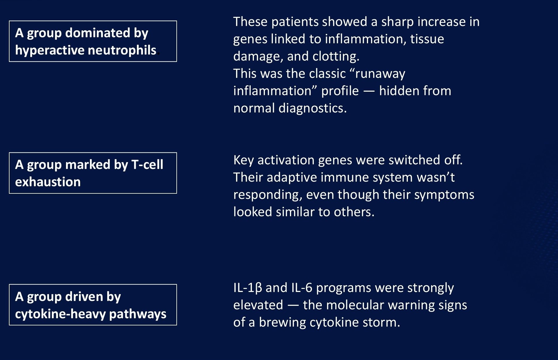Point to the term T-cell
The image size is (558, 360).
click(x=147, y=165)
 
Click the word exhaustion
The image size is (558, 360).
click(x=48, y=182)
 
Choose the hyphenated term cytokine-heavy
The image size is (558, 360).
click(x=61, y=314)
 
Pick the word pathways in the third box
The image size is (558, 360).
click(x=138, y=314)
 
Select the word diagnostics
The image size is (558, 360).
click(x=312, y=108)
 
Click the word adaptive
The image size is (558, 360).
click(x=292, y=178)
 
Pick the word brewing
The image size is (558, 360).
click(x=282, y=323)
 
